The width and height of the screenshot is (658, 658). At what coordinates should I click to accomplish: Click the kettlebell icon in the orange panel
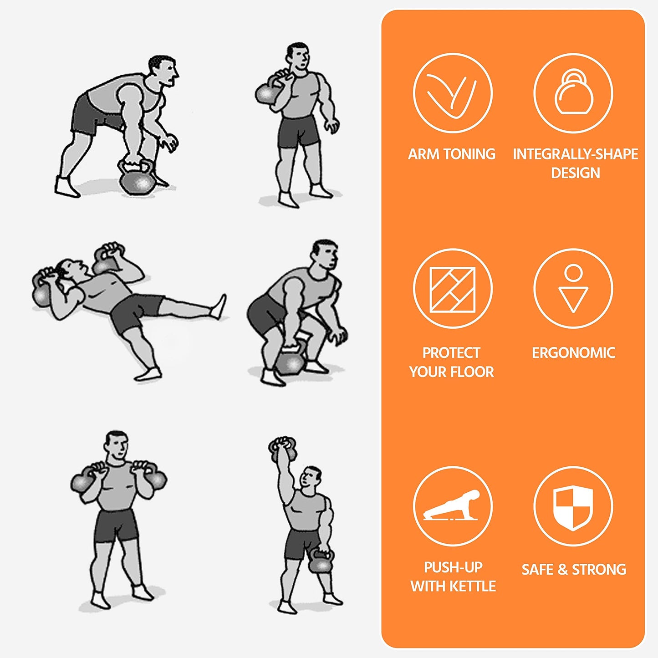pyautogui.click(x=573, y=92)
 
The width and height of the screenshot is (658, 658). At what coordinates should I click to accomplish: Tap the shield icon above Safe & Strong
pyautogui.click(x=573, y=507)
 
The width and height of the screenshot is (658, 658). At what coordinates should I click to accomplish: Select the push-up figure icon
pyautogui.click(x=451, y=506)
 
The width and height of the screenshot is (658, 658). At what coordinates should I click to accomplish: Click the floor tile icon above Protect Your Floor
pyautogui.click(x=453, y=290)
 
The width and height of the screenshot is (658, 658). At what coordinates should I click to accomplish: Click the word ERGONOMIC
pyautogui.click(x=574, y=353)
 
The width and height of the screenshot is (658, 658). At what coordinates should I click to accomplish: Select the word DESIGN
pyautogui.click(x=576, y=173)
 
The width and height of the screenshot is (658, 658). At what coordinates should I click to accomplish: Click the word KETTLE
pyautogui.click(x=473, y=587)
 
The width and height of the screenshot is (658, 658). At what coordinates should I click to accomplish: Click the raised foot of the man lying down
pyautogui.click(x=219, y=306)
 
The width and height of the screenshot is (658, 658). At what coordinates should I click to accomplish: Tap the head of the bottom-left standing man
pyautogui.click(x=117, y=445)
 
